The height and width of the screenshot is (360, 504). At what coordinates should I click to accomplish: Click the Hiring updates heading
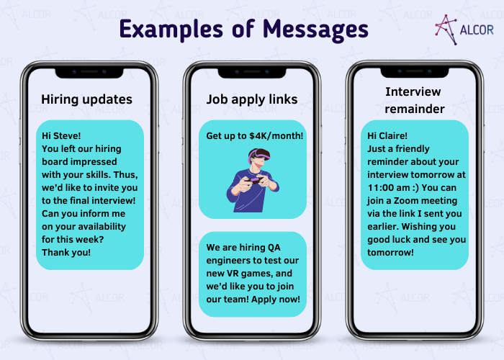87,99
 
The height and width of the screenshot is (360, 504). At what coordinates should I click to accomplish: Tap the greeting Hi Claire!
387,135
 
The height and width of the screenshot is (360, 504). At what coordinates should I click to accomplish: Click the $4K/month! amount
276,135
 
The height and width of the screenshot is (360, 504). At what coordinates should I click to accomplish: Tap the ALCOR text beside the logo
477,30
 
